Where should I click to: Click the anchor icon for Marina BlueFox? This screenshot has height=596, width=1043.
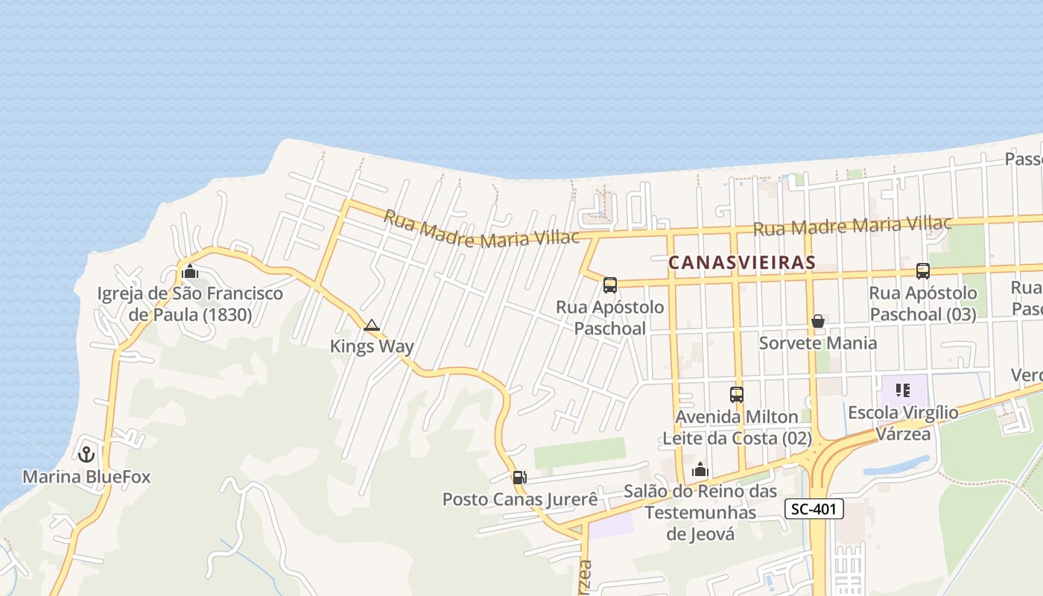(x=86, y=453)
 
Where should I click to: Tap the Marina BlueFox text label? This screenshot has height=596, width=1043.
(x=86, y=477)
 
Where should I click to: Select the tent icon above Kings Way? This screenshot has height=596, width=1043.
(x=372, y=325)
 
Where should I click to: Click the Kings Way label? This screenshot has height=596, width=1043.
(x=372, y=346)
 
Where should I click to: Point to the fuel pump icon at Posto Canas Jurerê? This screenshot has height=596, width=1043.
(x=519, y=478)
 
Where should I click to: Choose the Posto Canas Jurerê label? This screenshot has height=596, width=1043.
(x=520, y=499)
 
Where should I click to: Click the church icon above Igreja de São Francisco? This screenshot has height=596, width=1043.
(x=190, y=271)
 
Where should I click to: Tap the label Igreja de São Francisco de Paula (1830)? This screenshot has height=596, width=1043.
(x=190, y=304)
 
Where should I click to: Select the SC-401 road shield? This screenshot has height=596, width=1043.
(x=814, y=510)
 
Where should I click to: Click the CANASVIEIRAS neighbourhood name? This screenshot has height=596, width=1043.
(x=742, y=263)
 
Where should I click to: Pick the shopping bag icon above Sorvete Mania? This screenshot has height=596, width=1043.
(x=818, y=321)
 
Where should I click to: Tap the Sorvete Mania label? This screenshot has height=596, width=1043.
(x=818, y=343)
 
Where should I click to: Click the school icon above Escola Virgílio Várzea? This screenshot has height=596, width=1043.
(x=903, y=390)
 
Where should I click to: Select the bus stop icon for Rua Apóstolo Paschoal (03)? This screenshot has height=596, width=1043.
(x=923, y=271)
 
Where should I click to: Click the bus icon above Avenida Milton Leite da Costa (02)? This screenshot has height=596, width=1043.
(x=737, y=395)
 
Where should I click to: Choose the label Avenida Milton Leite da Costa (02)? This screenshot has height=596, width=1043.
(x=737, y=428)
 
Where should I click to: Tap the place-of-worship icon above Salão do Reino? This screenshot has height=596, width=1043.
(x=700, y=470)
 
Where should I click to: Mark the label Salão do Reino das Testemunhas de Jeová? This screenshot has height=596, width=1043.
(x=700, y=513)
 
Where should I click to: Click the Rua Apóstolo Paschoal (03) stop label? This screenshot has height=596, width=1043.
(x=923, y=304)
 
